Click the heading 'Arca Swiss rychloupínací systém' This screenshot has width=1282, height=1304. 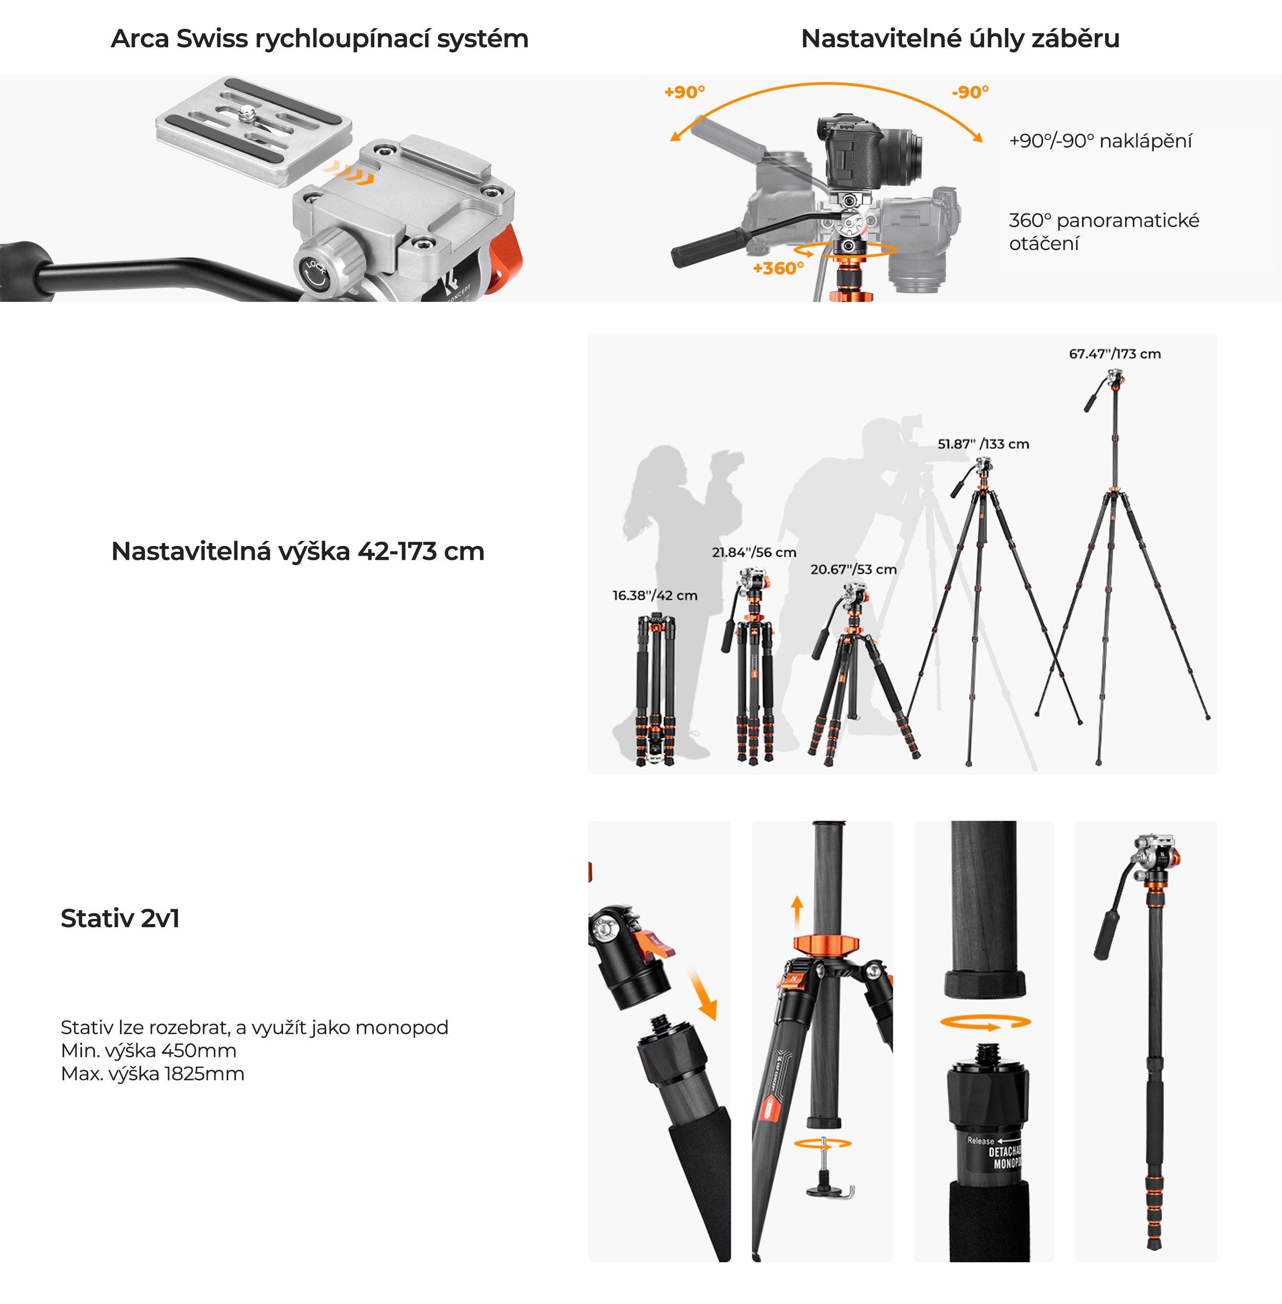(319, 38)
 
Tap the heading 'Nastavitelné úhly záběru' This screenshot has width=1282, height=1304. (959, 38)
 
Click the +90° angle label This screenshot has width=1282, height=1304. (684, 92)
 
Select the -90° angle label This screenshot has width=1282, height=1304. (970, 92)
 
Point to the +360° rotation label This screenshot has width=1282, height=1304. (778, 268)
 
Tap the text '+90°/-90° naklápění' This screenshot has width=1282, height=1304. (1099, 141)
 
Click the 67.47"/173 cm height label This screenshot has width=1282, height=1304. (1114, 353)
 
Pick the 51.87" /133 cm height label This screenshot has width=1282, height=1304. (983, 444)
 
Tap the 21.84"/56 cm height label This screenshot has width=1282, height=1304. (753, 552)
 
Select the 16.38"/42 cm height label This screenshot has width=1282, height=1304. (654, 595)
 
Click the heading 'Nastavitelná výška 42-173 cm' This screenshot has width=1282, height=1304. (297, 551)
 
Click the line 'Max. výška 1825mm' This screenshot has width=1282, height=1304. (152, 1073)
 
